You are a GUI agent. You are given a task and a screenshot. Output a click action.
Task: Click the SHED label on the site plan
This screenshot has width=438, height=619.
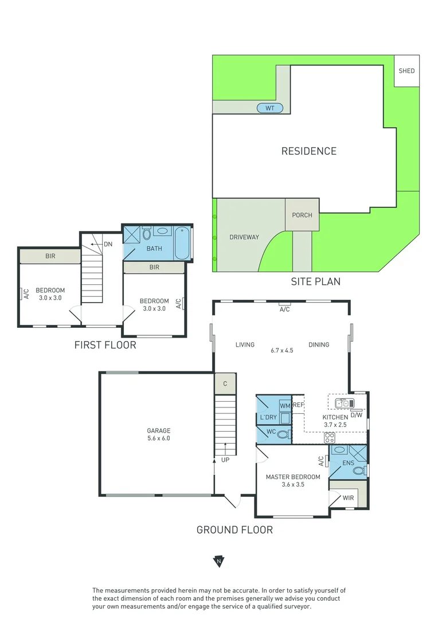tap(406, 71)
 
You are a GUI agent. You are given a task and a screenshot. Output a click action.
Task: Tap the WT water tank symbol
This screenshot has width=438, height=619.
tap(270, 108)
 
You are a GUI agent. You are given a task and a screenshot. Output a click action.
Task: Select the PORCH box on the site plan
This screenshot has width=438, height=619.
tap(302, 215)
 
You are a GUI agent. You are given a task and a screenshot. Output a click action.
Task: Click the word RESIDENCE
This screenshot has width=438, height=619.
tap(308, 151)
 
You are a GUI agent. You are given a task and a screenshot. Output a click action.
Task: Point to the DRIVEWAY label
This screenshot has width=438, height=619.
tap(244, 237)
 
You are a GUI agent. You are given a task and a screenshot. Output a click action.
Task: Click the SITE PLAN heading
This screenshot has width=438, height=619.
tap(316, 281)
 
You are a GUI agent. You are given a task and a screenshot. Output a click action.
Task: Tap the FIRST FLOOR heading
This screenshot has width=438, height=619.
tap(105, 344)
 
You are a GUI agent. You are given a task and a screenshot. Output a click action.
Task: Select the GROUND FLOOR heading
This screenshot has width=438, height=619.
tap(234, 530)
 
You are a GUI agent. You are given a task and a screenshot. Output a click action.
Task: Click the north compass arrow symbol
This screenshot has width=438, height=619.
tap(218, 562)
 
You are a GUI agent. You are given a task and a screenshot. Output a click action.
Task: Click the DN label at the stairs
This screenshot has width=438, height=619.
tap(108, 244)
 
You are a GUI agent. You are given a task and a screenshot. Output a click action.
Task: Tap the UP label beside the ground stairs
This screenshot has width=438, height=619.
tap(225, 460)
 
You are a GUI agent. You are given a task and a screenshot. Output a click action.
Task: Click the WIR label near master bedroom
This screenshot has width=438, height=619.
tap(349, 498)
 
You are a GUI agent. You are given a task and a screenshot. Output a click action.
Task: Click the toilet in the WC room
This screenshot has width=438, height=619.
tap(283, 435)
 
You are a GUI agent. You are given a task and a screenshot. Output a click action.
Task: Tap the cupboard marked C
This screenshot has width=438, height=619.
tap(225, 384)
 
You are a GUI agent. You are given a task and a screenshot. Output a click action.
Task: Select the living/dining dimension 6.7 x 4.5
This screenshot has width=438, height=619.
tap(281, 350)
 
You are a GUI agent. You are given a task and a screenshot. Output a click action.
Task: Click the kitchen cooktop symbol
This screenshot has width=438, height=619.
tap(330, 437)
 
